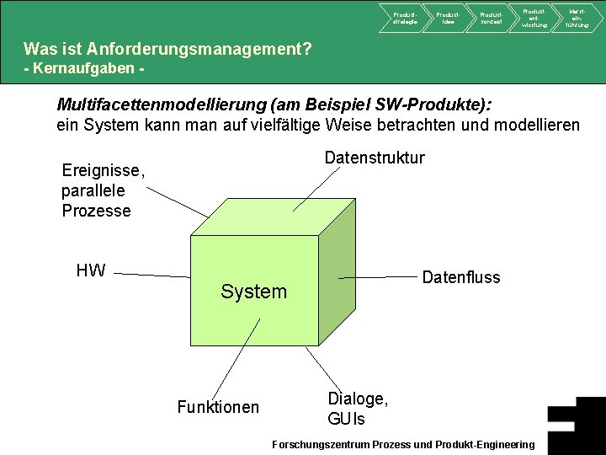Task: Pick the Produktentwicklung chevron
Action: point(534,18)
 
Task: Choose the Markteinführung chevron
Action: point(577,18)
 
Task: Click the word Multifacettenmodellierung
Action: point(160,104)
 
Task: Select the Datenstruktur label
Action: point(375,158)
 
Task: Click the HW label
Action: point(91,270)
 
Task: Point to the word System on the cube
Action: point(253,292)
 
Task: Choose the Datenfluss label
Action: point(460,277)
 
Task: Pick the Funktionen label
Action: point(218,408)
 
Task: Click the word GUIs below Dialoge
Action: point(346,419)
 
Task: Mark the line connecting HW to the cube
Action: point(151,274)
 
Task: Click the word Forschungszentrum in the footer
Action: point(319,444)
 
